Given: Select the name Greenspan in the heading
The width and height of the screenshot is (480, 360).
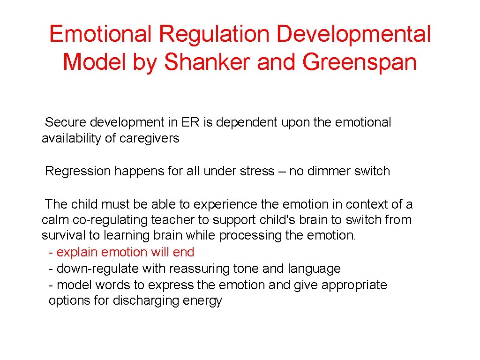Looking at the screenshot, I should coord(360,62).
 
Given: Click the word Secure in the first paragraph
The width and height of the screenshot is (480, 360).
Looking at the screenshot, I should coord(66,123).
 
